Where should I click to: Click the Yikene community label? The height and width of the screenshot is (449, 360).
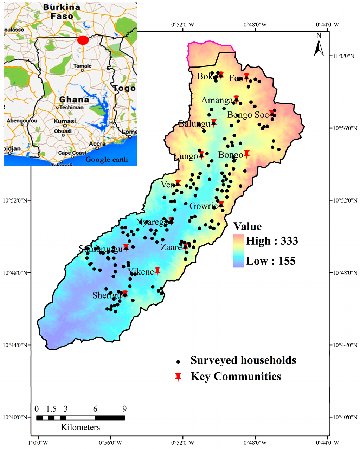pos(141,272)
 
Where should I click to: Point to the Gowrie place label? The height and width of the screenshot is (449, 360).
pos(203,206)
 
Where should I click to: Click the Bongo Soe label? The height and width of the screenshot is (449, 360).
pos(248,115)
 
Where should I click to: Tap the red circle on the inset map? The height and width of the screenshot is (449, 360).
pos(83,40)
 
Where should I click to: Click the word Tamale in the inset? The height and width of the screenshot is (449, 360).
pos(83,66)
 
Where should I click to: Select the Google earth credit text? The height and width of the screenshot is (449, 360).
pos(107,160)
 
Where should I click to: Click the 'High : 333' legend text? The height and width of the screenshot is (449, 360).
pos(272,241)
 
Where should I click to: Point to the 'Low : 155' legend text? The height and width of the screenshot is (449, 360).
pos(271,261)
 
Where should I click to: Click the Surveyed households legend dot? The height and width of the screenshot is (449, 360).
pos(178,361)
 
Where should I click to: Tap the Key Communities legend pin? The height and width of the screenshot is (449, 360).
pos(178,377)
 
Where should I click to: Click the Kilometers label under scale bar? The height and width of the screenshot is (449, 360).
pos(81,427)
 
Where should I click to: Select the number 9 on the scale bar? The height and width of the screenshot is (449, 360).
pos(124,409)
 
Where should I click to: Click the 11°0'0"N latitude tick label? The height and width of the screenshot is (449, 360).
pos(344,56)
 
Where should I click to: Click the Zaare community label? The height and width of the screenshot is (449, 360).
pos(171,247)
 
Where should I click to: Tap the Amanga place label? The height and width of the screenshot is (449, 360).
pos(217,101)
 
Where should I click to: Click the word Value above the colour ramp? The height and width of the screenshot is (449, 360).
pos(247,226)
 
